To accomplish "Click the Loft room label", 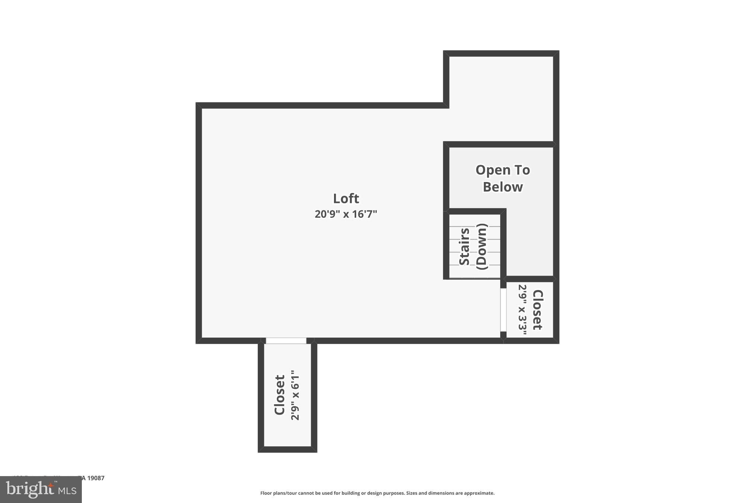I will click(346, 199).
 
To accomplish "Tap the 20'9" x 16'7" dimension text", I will click(346, 214).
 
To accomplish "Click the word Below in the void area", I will click(503, 187).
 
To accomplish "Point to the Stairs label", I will click(465, 246).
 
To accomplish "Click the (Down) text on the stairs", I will click(482, 246).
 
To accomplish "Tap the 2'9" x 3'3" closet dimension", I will click(522, 310).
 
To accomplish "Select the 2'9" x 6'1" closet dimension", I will click(295, 395).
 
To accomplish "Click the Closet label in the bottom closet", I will click(280, 395).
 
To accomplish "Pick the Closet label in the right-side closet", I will click(538, 310).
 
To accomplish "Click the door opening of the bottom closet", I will click(286, 340).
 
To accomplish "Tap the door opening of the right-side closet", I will click(503, 310).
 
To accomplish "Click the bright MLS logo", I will click(41, 489).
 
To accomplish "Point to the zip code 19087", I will click(96, 478).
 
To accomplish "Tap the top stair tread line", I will click(474, 226).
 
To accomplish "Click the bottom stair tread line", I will click(474, 265).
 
